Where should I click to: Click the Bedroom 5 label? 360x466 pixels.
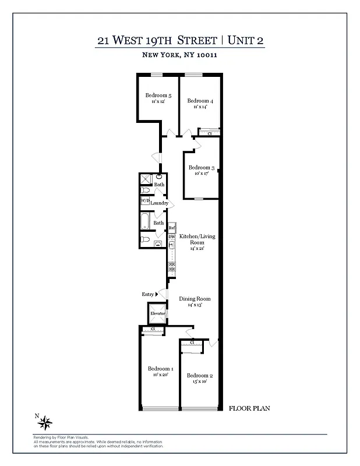(158, 96)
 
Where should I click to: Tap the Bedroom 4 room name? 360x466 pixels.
(200, 101)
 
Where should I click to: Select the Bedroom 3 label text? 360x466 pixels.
(202, 168)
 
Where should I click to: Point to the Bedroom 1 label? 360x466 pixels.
(160, 369)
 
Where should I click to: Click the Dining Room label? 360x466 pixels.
(195, 299)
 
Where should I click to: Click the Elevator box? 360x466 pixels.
(158, 313)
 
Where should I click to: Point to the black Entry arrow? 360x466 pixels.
(157, 295)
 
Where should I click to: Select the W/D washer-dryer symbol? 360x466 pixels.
(145, 202)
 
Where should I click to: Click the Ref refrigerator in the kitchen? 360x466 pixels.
(172, 227)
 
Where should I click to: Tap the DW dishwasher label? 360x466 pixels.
(172, 237)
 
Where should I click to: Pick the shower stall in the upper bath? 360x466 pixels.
(146, 179)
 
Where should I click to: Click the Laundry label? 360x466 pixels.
(160, 203)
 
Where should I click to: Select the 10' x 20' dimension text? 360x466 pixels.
(160, 375)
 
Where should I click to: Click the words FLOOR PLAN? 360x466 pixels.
(249, 408)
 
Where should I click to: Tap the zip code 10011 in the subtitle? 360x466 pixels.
(206, 55)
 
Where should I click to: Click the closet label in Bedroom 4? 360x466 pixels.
(209, 133)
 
